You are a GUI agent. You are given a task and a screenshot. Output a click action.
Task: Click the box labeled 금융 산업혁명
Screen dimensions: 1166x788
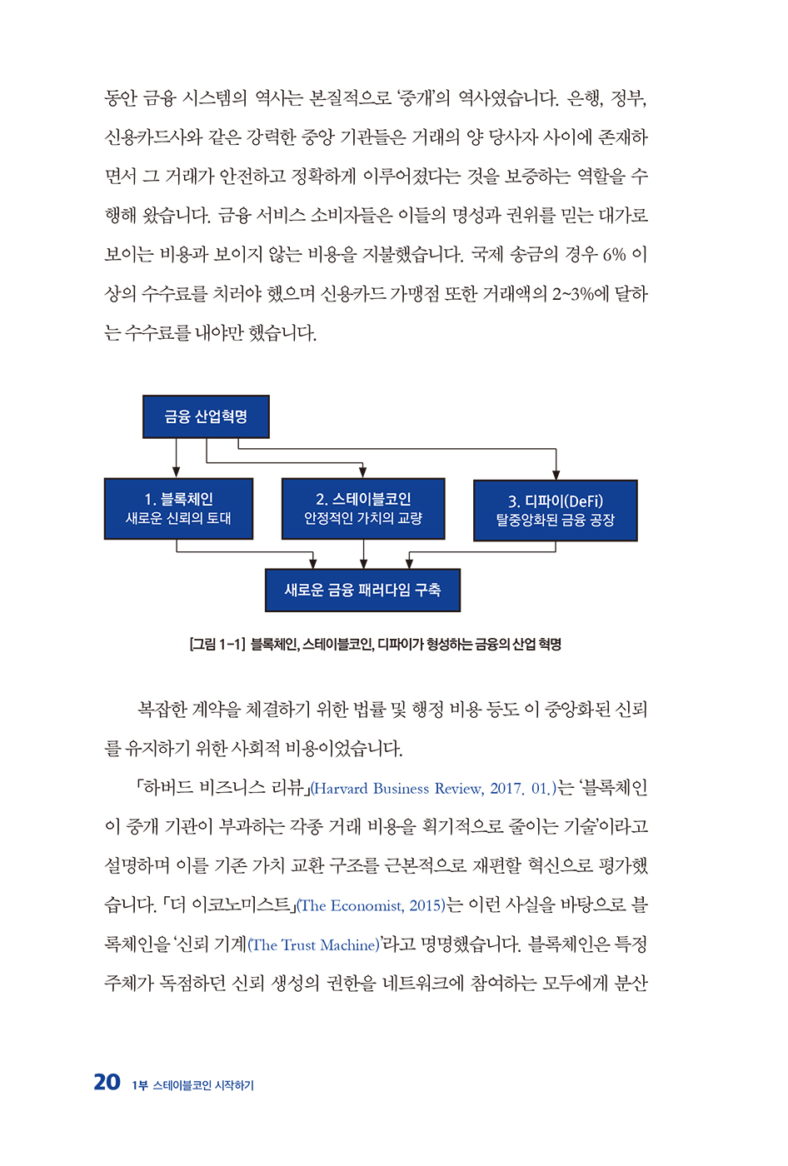[206, 416]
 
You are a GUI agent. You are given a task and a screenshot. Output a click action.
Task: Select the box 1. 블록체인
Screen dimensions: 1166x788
[178, 508]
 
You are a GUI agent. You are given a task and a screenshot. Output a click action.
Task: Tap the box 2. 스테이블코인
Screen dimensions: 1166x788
[363, 508]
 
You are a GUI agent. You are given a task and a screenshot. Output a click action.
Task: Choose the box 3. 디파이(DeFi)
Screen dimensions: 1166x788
[555, 511]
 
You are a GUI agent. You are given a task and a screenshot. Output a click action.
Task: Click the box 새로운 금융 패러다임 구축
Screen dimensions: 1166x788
[362, 590]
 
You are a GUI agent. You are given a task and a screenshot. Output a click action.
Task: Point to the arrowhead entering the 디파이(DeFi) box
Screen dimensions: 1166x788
[556, 475]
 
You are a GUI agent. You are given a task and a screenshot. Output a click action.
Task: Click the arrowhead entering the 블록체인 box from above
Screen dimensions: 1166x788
[177, 472]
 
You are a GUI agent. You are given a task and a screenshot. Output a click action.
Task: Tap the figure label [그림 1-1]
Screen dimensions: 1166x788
[217, 644]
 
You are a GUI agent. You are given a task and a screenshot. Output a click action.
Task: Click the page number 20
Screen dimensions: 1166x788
[107, 1082]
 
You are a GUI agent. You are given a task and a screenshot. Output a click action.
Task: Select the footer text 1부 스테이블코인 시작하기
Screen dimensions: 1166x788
[192, 1085]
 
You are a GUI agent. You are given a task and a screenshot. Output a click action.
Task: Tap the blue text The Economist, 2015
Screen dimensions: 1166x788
[372, 906]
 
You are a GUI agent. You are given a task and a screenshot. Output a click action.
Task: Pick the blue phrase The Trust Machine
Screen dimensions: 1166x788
[314, 945]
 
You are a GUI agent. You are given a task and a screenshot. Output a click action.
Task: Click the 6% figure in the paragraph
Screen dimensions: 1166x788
[614, 255]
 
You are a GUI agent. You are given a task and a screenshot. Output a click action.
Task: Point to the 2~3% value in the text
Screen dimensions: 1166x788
[573, 294]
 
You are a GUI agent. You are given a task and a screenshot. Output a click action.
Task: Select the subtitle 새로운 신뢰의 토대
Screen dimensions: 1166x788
[178, 518]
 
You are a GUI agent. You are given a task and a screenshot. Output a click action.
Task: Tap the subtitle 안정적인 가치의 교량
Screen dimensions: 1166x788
[363, 518]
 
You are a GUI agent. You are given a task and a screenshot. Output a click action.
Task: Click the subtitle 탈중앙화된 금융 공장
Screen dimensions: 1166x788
[555, 521]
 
